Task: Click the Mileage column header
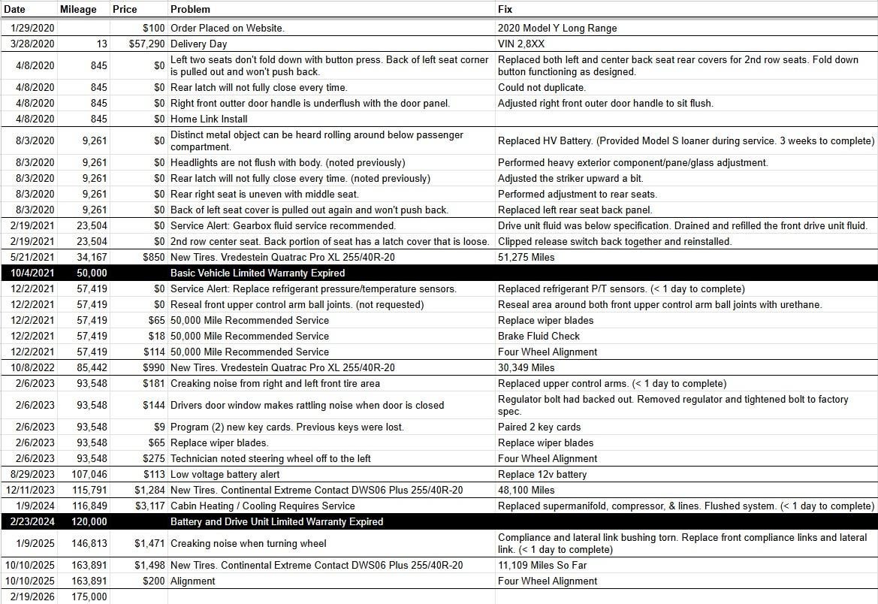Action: [x=78, y=10]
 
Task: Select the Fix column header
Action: [x=505, y=10]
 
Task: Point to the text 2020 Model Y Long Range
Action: [x=557, y=29]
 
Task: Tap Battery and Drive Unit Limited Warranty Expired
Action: [x=277, y=521]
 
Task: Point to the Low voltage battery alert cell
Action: [x=225, y=474]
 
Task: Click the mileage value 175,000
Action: [x=89, y=596]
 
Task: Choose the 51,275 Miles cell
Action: [x=526, y=258]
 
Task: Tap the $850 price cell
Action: [x=153, y=258]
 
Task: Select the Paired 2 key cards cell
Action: [x=539, y=427]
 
